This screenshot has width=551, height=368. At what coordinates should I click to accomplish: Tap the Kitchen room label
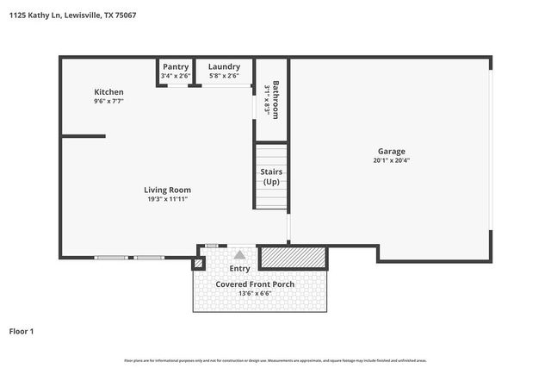[108, 92]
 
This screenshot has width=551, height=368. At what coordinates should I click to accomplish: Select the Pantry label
[176, 66]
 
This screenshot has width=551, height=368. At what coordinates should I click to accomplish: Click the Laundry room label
[224, 66]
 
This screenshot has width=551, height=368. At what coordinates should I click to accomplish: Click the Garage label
[391, 151]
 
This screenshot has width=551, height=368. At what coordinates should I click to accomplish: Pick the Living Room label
[167, 190]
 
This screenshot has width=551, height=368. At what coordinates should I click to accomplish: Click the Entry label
[239, 269]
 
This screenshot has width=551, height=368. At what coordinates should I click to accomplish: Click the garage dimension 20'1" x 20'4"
[391, 160]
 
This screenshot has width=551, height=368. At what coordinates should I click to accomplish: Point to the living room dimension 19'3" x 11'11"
[168, 199]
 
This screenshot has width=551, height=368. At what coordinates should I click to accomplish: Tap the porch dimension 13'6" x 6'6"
[254, 293]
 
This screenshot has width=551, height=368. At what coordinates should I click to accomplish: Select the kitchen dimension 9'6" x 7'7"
[108, 102]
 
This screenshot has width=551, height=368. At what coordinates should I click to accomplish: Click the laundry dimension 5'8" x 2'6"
[224, 76]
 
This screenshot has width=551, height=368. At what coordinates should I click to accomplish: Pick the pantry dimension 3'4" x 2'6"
[176, 76]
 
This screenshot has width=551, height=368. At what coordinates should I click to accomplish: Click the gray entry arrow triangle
[239, 254]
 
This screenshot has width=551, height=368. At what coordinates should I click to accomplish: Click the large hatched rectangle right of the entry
[293, 257]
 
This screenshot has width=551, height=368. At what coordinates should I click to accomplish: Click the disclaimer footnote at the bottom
[275, 360]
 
